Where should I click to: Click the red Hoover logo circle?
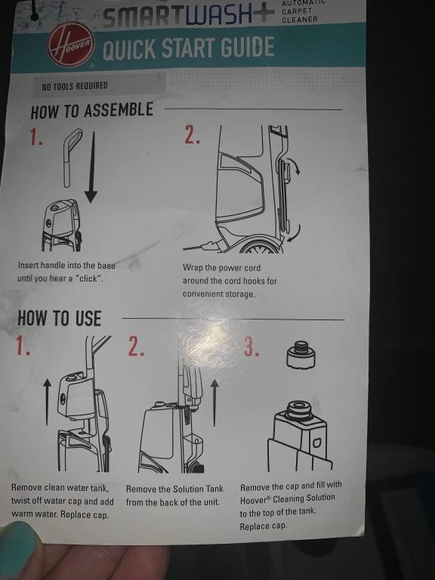pos(71,45)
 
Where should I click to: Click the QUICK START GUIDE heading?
pos(189,48)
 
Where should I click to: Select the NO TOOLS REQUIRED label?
pos(75,86)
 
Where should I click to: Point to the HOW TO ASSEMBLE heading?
pos(91,110)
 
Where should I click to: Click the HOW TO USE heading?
pos(59,319)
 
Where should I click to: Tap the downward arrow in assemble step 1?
pos(91,167)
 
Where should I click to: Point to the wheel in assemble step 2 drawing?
pos(261,246)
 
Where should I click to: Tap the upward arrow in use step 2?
pos(214,403)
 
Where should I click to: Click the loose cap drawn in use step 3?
pos(301,354)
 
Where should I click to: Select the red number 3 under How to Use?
pos(251,347)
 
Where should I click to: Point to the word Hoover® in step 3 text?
pos(255,500)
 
